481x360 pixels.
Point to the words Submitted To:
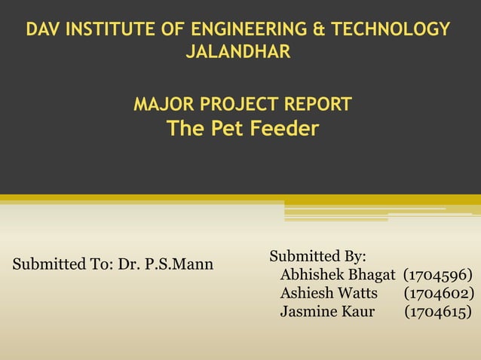[x=62, y=265]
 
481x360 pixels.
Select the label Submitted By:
[x=317, y=256]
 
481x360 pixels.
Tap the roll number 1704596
[x=438, y=274]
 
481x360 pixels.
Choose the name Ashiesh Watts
[x=329, y=292]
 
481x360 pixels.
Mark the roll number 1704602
[x=439, y=292]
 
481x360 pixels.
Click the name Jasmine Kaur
[x=327, y=310]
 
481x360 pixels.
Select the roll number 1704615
[x=439, y=310]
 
